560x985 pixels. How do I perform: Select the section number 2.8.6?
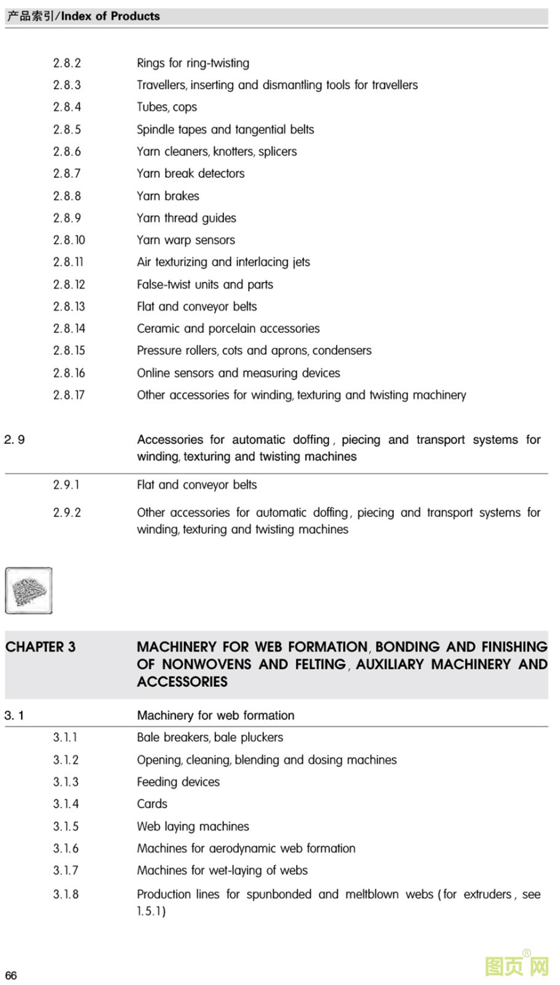(x=66, y=151)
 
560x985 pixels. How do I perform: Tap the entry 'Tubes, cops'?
(x=167, y=107)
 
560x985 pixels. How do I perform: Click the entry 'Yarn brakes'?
(x=168, y=196)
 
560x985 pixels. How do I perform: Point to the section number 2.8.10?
(x=69, y=240)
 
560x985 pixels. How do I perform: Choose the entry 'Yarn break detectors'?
(x=191, y=174)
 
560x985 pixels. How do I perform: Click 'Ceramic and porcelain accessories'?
(x=228, y=328)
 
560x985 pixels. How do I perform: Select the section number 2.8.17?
(x=69, y=395)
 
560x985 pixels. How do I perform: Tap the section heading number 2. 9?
(x=14, y=440)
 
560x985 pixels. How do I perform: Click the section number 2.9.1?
(x=66, y=484)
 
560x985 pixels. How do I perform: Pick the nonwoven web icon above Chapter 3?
(x=29, y=590)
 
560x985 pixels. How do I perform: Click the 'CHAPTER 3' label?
(x=41, y=647)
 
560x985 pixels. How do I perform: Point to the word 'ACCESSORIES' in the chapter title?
(x=182, y=681)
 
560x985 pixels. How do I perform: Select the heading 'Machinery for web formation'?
(x=215, y=715)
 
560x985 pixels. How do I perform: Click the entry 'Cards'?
(x=152, y=803)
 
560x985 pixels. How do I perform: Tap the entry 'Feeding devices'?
(x=178, y=782)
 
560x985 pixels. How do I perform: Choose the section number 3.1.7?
(x=66, y=870)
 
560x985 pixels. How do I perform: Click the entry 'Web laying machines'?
(x=193, y=826)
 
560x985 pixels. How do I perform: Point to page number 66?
(x=11, y=975)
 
